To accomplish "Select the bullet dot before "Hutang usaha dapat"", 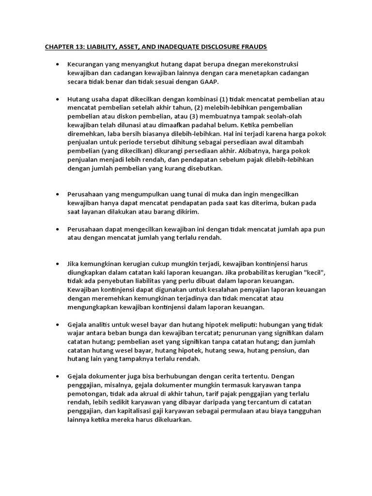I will coord(57,99).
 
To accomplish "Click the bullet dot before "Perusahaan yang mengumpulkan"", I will coord(57,194).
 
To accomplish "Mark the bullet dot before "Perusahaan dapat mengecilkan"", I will coord(57,229).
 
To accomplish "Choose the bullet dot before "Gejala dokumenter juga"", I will coord(57,376).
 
